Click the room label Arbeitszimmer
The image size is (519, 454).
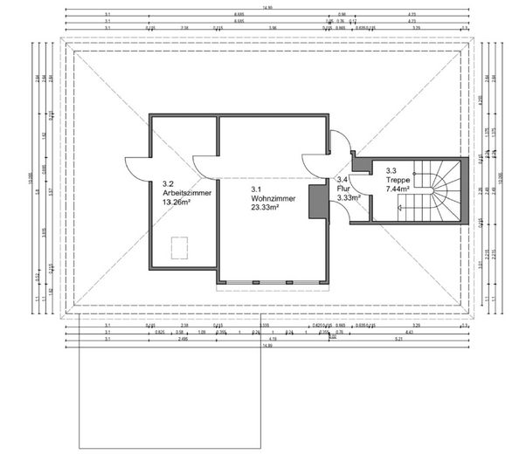pos(181,192)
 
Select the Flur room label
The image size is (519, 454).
pos(343,188)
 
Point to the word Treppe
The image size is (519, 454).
pos(397,179)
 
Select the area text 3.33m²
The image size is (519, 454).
pos(349,198)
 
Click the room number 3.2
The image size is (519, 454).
pos(168,183)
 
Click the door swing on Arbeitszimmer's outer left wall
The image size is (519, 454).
pos(138,164)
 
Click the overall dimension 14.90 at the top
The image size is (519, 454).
pos(262,7)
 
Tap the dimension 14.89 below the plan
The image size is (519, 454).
pos(262,346)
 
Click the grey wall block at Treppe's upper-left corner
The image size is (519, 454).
pos(359,162)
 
